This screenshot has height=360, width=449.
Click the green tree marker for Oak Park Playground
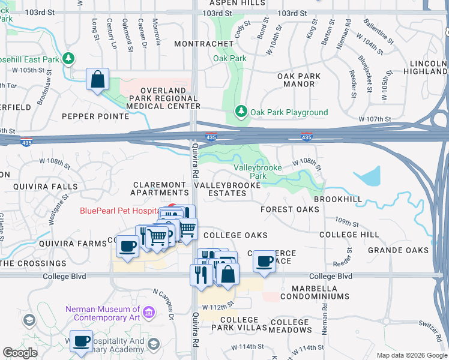(x=241, y=112)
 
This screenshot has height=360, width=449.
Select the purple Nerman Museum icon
(x=149, y=313)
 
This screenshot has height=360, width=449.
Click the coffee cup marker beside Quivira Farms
(x=127, y=246)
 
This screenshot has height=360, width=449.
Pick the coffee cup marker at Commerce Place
(x=264, y=261)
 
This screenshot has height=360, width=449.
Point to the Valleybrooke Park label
(x=258, y=172)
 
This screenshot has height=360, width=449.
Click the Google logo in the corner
(x=20, y=353)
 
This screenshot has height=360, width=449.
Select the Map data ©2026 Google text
(x=411, y=355)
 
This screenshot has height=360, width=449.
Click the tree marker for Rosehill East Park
(x=70, y=59)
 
